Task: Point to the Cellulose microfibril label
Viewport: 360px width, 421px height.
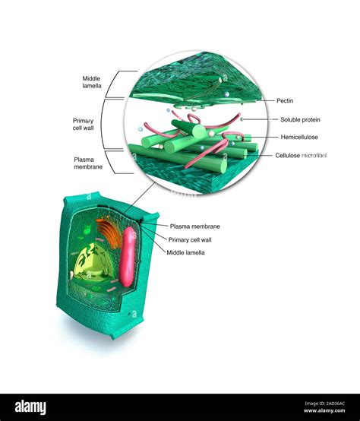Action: (x=301, y=155)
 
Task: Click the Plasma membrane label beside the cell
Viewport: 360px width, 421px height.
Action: (x=194, y=226)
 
